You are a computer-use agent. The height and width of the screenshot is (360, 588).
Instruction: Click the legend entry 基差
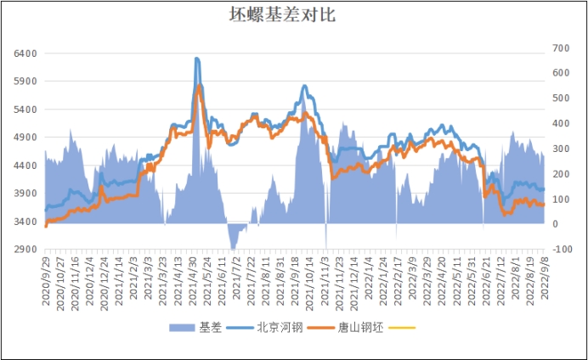(x=211, y=327)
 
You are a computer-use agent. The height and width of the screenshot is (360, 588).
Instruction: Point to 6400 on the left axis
(x=25, y=53)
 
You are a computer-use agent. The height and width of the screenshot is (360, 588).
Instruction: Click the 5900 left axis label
(x=25, y=82)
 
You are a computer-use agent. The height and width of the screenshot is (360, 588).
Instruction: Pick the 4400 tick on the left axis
(x=25, y=166)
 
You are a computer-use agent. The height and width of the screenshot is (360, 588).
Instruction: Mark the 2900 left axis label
(x=25, y=250)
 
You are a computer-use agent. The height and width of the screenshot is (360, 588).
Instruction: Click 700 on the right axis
(x=561, y=48)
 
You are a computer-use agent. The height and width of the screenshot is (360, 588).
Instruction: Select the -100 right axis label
(x=562, y=250)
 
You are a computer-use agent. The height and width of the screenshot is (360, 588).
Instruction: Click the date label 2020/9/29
(x=46, y=278)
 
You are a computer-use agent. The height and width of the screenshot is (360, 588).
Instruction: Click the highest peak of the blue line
(x=197, y=58)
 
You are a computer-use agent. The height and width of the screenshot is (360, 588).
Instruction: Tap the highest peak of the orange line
(x=199, y=85)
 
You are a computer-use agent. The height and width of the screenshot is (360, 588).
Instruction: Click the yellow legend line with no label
(x=403, y=327)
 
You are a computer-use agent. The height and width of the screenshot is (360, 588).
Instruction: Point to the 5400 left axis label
(x=25, y=110)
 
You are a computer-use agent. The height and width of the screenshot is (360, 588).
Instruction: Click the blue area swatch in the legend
(x=182, y=327)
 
